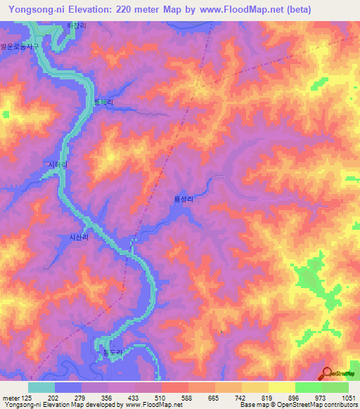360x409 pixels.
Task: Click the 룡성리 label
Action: click(x=184, y=200)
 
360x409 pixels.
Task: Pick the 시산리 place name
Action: click(x=78, y=238)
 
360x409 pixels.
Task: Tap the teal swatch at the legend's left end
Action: click(x=41, y=387)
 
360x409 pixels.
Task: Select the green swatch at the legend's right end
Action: click(x=335, y=387)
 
